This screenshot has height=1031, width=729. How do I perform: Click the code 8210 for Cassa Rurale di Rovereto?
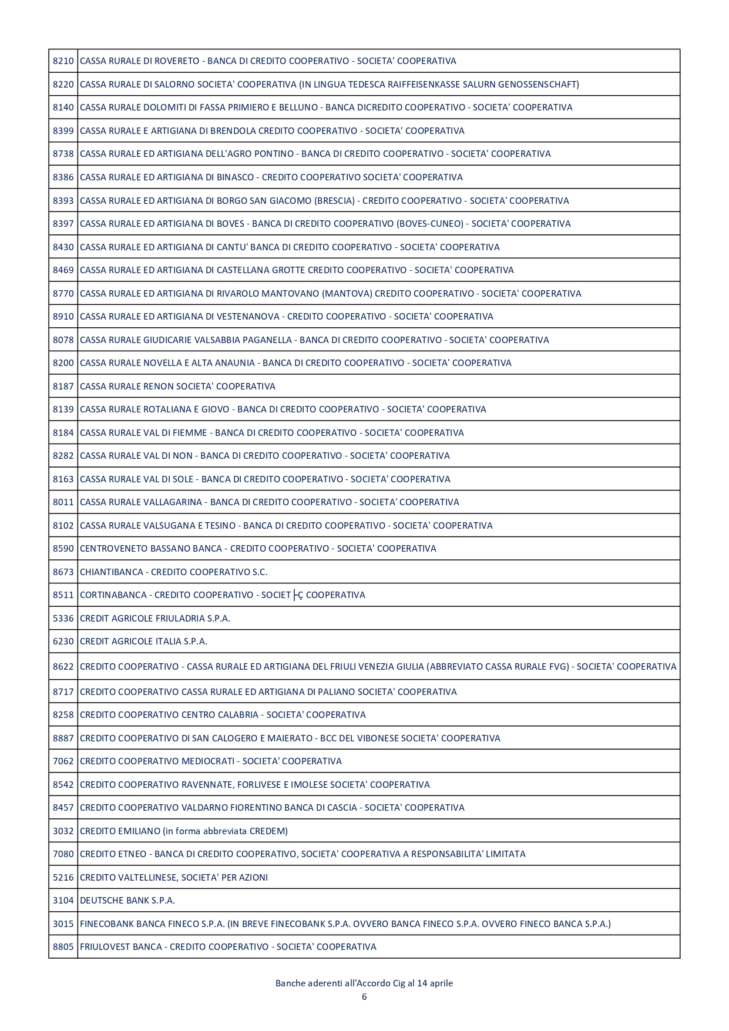coord(63,61)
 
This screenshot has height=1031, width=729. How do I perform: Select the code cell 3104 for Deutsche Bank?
coord(63,901)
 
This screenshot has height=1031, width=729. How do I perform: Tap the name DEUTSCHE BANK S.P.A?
coord(127,901)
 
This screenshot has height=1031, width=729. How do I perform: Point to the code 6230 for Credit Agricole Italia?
coord(63,642)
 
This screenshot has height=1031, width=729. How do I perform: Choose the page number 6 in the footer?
coord(364,997)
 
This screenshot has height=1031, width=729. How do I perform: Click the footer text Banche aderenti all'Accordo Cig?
coord(340,983)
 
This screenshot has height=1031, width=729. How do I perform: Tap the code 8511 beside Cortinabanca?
coord(63,595)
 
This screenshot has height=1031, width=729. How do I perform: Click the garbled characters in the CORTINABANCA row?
coord(298,595)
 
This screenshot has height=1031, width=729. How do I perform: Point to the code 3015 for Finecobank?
coord(63,924)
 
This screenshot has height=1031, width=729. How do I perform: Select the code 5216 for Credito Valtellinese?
coord(63,878)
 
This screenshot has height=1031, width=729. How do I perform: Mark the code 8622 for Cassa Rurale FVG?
coord(63,667)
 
